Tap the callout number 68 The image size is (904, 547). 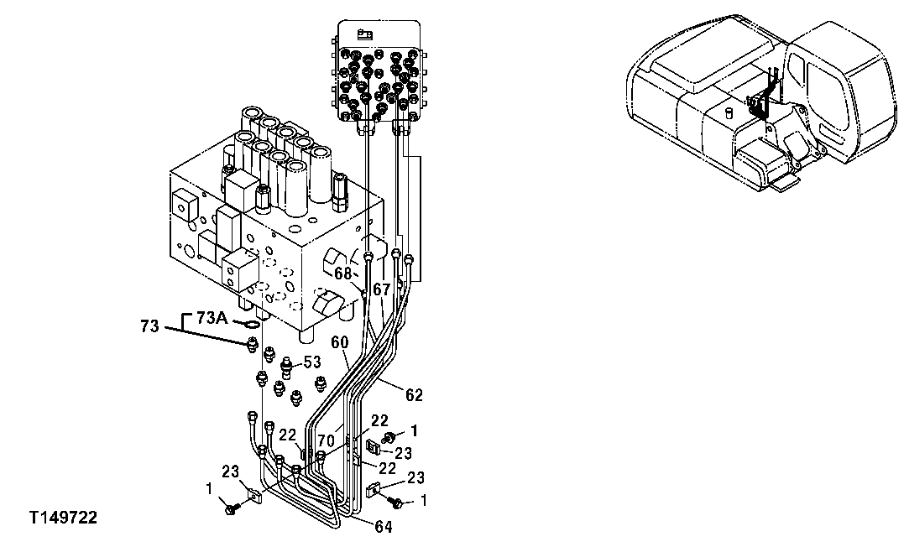coord(342,273)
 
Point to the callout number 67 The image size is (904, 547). coord(383,289)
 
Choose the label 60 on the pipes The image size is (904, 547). coord(339,342)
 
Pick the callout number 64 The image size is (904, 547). coord(384,527)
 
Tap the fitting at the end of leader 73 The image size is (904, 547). coord(252,343)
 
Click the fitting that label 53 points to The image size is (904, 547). coord(288,365)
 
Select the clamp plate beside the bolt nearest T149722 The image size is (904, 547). coord(253,495)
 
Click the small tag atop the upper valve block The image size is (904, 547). coord(364,34)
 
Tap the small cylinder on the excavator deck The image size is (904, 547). coord(729,111)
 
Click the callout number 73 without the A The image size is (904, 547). coord(149,326)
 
